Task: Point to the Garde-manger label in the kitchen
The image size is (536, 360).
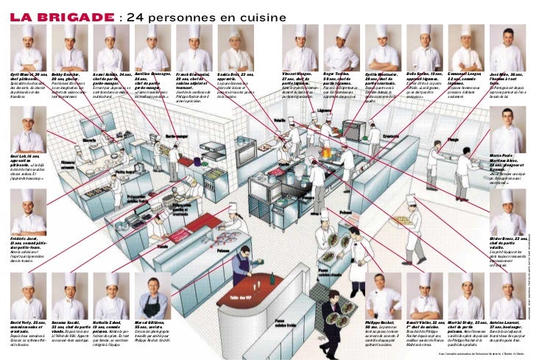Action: point(177,136)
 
